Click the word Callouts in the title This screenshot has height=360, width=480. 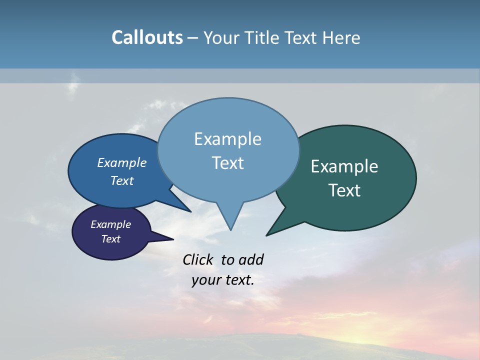coord(147,37)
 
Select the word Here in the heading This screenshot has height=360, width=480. coord(341,37)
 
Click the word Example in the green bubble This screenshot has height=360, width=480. coord(344,166)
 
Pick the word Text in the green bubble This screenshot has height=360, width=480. coord(344,190)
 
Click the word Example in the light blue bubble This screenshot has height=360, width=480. coord(227,139)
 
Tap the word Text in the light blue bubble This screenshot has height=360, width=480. coord(227,163)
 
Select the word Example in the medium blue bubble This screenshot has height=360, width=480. coord(122,162)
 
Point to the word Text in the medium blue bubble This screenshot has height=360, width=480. coord(122,180)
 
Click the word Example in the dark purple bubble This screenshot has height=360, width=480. coord(111,224)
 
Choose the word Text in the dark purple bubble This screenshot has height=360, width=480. coord(111,239)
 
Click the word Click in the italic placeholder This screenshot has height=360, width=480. coord(199,259)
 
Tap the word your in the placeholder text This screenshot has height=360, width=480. coord(204,280)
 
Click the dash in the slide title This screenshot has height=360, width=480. coord(193,37)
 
